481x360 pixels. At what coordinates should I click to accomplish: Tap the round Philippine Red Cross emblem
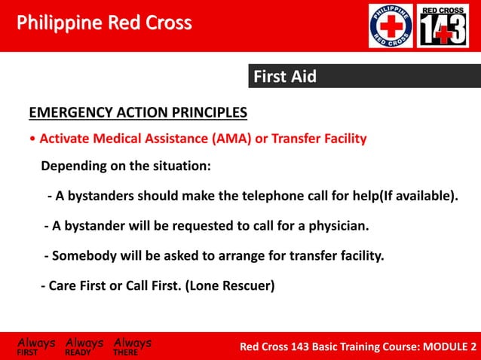click(391, 26)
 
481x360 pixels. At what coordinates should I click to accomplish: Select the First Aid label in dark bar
click(284, 77)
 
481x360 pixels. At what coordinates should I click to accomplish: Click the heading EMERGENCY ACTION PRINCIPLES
click(138, 114)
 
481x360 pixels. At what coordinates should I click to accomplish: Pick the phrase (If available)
click(418, 197)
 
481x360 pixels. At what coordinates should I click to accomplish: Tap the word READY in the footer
click(78, 352)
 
